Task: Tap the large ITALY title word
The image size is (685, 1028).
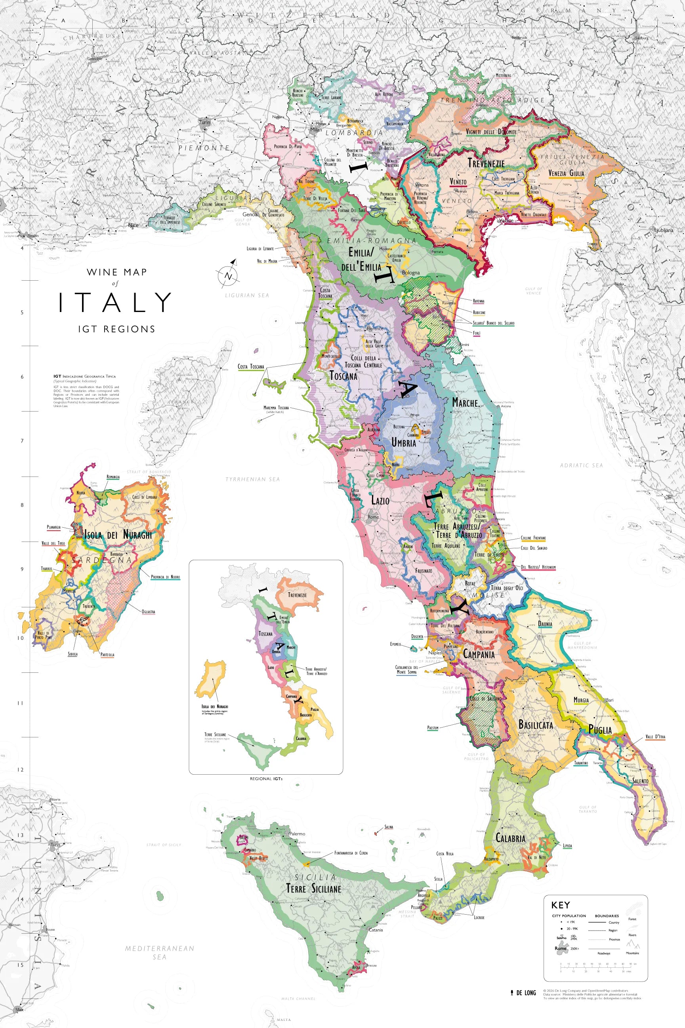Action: click(x=115, y=302)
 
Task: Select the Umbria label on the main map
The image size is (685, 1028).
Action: click(x=404, y=443)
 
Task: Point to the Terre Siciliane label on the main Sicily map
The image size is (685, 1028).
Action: click(x=314, y=888)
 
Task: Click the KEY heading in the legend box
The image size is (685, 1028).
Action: click(x=560, y=905)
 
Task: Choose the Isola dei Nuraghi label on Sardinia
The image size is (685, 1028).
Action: click(x=118, y=534)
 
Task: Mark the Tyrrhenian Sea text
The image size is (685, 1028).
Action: click(x=252, y=479)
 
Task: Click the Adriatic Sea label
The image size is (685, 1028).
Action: click(x=581, y=465)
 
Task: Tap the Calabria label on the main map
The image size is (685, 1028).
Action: click(x=510, y=838)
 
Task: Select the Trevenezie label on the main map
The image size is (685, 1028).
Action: click(x=486, y=163)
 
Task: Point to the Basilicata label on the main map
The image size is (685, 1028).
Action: click(x=536, y=725)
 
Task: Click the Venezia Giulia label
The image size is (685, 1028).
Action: click(x=566, y=174)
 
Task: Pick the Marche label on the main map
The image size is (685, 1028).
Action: click(x=465, y=402)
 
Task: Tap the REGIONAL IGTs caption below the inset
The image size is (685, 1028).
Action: click(x=266, y=779)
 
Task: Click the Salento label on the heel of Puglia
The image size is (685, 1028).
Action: click(x=641, y=781)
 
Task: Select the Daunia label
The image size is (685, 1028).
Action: click(x=545, y=624)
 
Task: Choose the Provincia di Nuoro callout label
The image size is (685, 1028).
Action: click(x=165, y=577)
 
